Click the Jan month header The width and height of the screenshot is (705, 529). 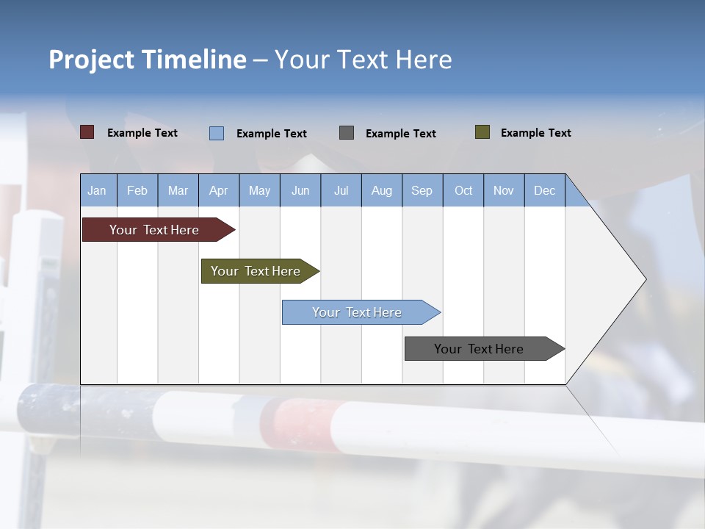click(x=97, y=190)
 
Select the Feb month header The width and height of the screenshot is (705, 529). click(x=137, y=190)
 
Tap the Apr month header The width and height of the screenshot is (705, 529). click(x=219, y=190)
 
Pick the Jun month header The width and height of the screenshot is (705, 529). click(x=300, y=190)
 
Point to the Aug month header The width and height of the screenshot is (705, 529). click(x=382, y=190)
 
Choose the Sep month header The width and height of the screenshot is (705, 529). click(x=422, y=190)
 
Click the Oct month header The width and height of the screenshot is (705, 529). click(x=463, y=190)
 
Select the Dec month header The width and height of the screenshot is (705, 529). click(x=545, y=190)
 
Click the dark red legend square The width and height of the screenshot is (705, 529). click(x=87, y=132)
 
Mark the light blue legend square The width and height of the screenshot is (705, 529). click(x=217, y=133)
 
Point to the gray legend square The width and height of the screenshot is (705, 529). click(x=347, y=133)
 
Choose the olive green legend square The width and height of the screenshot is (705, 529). click(x=482, y=132)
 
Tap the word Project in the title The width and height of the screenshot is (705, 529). click(x=93, y=60)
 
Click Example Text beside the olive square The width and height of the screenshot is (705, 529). click(x=535, y=133)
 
